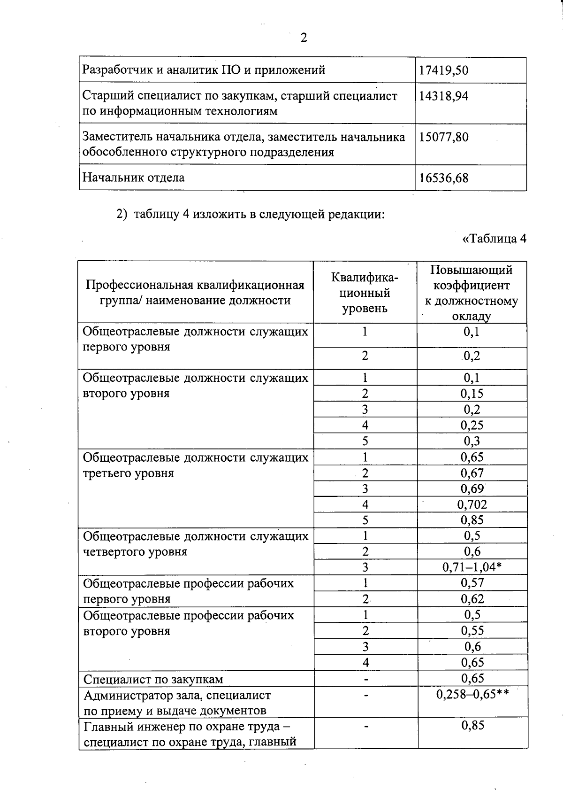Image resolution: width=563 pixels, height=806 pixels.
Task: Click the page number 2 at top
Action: coord(304,38)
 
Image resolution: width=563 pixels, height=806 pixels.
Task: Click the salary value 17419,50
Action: coord(443,70)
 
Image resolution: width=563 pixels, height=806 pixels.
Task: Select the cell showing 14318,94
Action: coord(443,96)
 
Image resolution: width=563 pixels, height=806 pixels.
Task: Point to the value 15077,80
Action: coord(443,137)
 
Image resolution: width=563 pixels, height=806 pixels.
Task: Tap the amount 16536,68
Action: coord(443,178)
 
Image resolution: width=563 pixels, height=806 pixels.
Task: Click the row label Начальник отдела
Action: coord(134,178)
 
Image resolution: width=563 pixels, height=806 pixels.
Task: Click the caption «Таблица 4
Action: coord(494,239)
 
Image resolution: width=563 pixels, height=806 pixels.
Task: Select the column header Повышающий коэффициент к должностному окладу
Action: coord(472,292)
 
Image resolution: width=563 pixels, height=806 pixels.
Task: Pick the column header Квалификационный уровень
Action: coord(365,292)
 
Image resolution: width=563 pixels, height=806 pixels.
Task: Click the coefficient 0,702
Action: coord(472,504)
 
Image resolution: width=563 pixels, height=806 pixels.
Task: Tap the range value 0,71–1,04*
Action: coord(472,567)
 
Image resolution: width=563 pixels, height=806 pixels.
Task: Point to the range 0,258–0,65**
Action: coord(472,694)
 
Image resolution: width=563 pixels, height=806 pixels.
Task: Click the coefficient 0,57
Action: coord(472,583)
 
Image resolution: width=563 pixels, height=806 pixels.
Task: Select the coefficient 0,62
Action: coord(472,599)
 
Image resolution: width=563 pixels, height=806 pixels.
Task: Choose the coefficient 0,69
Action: coord(472,488)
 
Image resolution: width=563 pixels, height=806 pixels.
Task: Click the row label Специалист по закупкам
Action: coord(153,679)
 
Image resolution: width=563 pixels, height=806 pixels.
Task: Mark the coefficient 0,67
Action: coord(472,473)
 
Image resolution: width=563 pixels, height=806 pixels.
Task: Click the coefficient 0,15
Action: coord(472,394)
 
